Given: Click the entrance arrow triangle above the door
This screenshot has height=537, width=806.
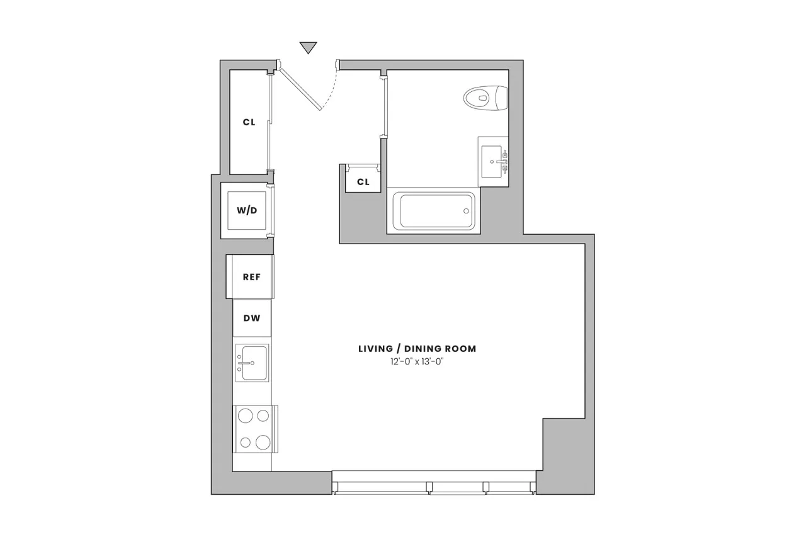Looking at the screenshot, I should pos(308,48).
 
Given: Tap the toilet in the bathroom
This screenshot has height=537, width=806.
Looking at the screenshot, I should pos(485,98).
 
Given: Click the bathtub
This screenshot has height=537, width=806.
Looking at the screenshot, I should pos(433,211).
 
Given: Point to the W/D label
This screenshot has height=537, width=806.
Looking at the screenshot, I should pos(247,210).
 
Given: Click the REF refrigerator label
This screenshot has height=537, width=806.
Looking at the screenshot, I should pos(251,276).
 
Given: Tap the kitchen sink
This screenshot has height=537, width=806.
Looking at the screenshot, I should pos(252,363).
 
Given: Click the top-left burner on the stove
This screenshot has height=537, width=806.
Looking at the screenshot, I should pos(244,415).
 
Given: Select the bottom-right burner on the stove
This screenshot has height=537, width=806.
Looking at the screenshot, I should pos(263,441).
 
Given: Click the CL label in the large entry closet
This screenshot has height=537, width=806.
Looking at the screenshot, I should pos(249,122).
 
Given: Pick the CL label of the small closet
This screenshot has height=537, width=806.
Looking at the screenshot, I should pos(363,182).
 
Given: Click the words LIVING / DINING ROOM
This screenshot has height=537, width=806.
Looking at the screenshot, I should pos(417,348).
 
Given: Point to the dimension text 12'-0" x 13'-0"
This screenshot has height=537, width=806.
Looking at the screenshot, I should pos(417,363).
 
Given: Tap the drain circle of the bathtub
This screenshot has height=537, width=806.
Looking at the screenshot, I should pos(467,211).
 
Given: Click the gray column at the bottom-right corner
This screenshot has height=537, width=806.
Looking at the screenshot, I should pos(565,456).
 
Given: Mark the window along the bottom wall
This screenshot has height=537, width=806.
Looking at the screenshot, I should pos(434,485).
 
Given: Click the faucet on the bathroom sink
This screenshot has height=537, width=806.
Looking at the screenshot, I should pos(504,155).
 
